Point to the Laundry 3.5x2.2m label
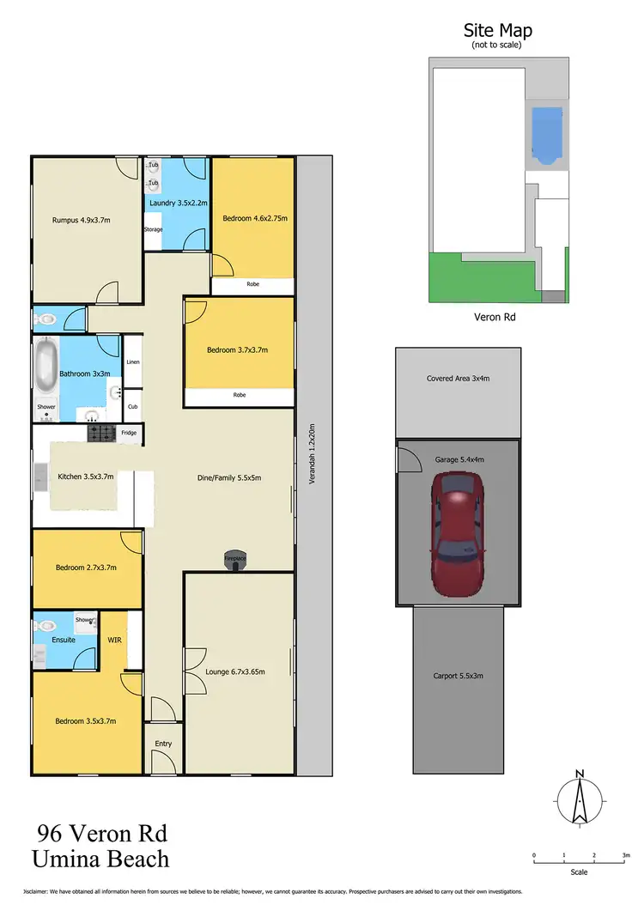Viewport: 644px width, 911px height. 179,203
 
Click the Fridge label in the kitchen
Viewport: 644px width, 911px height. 129,433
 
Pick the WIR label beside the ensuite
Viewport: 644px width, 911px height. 114,640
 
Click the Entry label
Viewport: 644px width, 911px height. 163,744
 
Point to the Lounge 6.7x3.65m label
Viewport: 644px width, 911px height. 235,671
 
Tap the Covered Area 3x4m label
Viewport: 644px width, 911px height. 457,379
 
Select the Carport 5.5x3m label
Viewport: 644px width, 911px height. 458,676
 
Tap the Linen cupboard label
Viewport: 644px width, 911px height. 132,363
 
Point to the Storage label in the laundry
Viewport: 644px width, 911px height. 153,229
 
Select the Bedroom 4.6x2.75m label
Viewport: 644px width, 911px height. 254,218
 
